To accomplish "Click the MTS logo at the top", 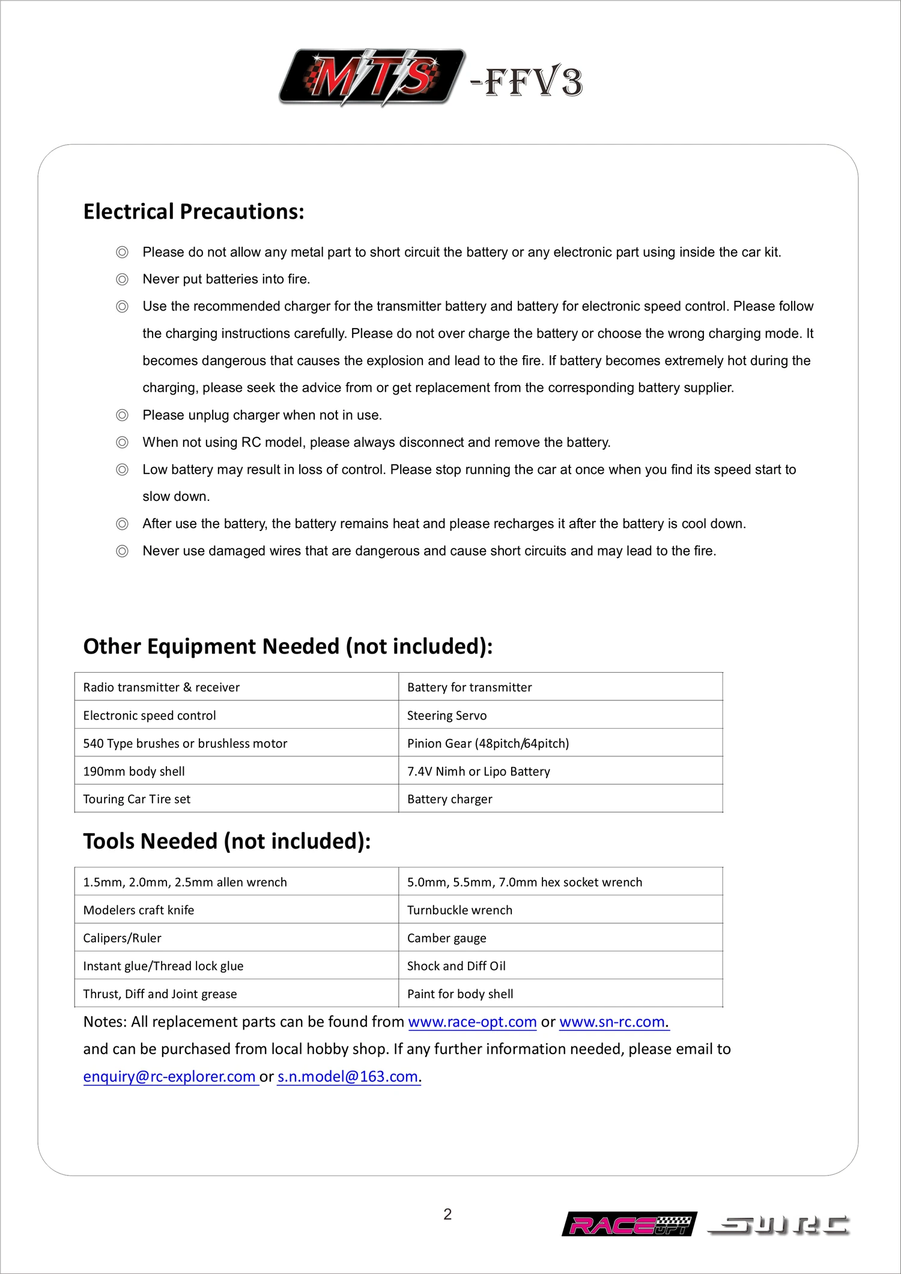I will (371, 77).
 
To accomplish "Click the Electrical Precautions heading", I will (193, 212).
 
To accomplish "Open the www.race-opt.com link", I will (472, 1022).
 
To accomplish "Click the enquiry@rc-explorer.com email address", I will (170, 1076).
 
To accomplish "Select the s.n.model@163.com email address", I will (348, 1076).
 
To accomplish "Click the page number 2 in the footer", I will (447, 1214).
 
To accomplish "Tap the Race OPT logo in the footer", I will (629, 1224).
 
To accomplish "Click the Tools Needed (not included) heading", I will (226, 842).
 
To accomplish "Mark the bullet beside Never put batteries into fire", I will (122, 279).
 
